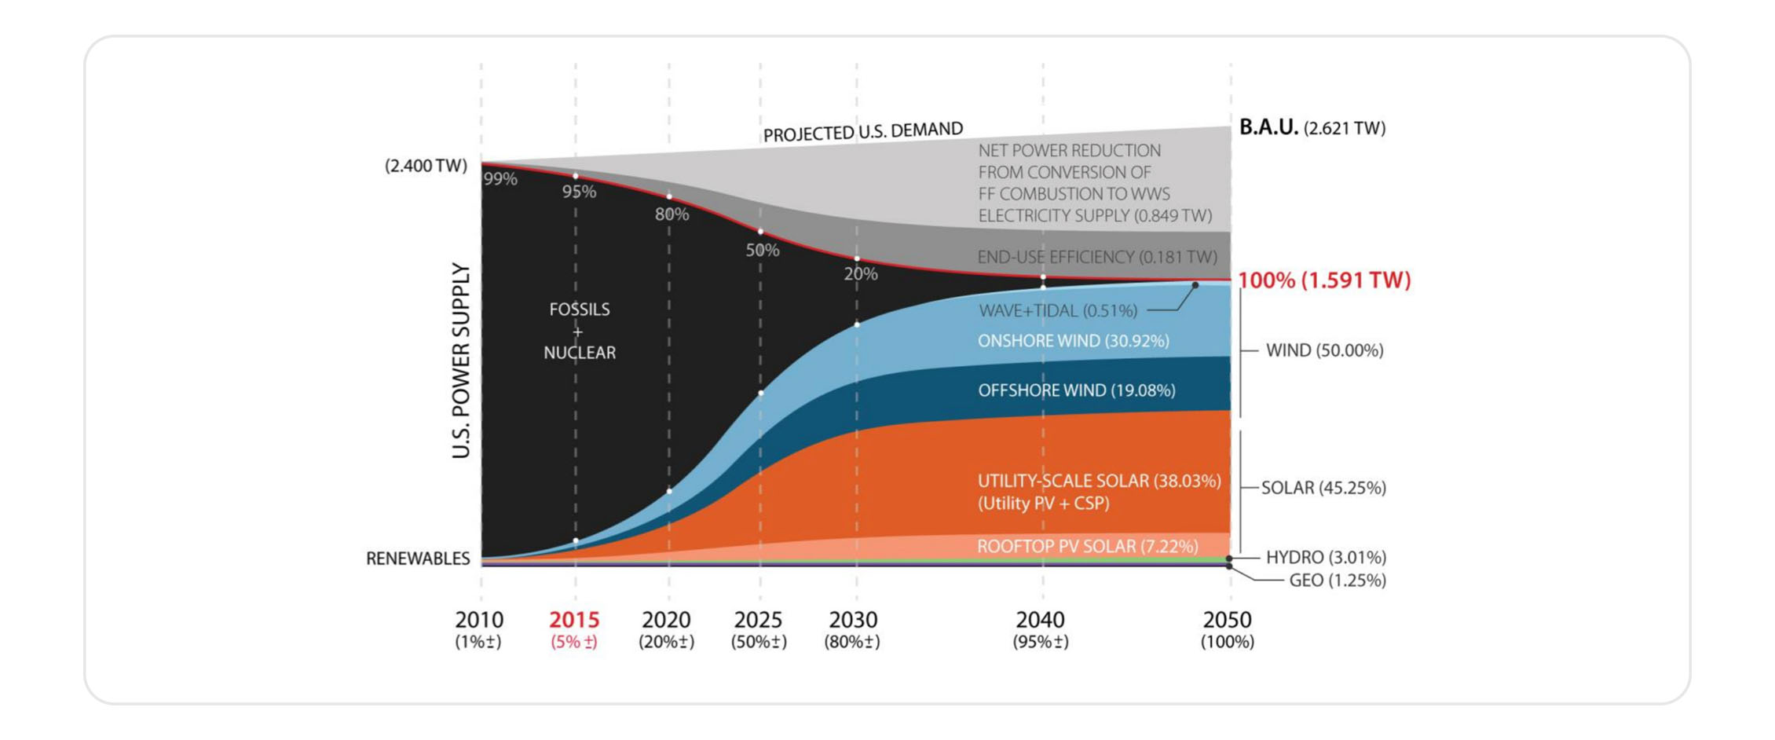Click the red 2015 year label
point(574,620)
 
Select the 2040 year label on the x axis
point(1041,620)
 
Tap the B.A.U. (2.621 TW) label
point(1312,127)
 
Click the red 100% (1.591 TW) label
point(1324,280)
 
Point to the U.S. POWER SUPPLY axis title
point(461,361)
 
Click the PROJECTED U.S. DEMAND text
point(862,131)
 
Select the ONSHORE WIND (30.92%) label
point(1073,341)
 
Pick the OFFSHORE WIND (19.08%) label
point(1076,390)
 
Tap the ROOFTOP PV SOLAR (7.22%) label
point(1087,546)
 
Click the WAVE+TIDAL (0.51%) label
point(1058,311)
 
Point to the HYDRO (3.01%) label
point(1326,557)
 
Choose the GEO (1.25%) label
point(1338,581)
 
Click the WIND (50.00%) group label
point(1324,350)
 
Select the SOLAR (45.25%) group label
point(1323,488)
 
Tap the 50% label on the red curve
point(762,251)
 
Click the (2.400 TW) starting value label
point(426,166)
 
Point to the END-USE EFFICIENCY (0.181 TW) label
point(1096,257)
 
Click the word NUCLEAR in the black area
point(580,353)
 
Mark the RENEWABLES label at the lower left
point(418,559)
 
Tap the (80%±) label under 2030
point(852,642)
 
